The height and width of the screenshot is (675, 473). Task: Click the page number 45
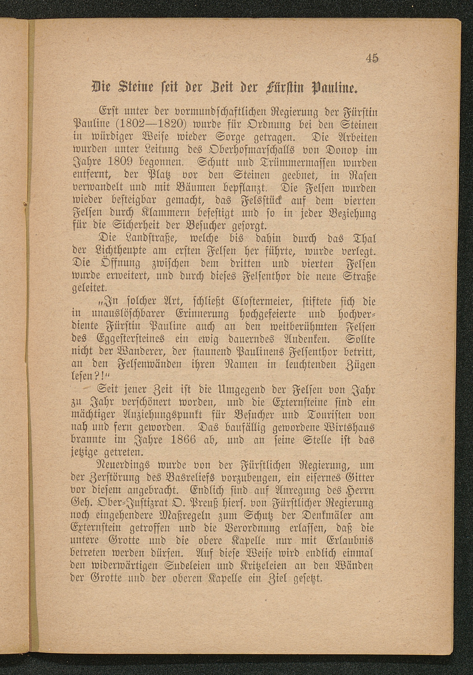pyautogui.click(x=372, y=59)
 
